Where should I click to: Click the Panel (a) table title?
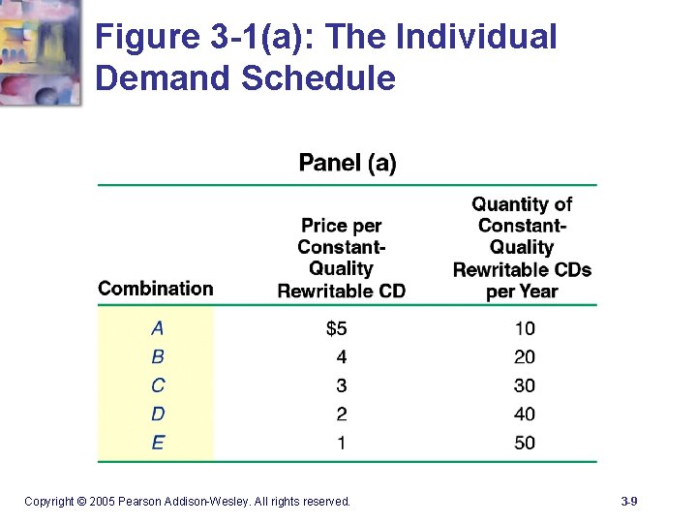tap(348, 163)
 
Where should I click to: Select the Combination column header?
tap(155, 288)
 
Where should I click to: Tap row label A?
tap(158, 328)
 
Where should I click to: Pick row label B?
tap(158, 356)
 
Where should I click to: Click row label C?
tap(158, 385)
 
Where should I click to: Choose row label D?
tap(158, 415)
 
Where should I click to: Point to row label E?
tap(158, 443)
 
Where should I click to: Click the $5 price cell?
tap(336, 328)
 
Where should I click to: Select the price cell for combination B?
tap(342, 356)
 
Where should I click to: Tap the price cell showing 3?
tap(342, 385)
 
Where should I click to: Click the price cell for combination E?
tap(342, 443)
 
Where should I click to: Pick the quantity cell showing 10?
tap(524, 328)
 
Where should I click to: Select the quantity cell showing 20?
tap(524, 356)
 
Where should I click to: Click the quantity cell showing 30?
tap(524, 385)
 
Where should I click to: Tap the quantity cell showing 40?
tap(524, 415)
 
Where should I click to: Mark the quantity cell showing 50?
tap(524, 443)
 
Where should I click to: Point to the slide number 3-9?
tap(628, 501)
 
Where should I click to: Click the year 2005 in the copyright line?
tap(102, 501)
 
